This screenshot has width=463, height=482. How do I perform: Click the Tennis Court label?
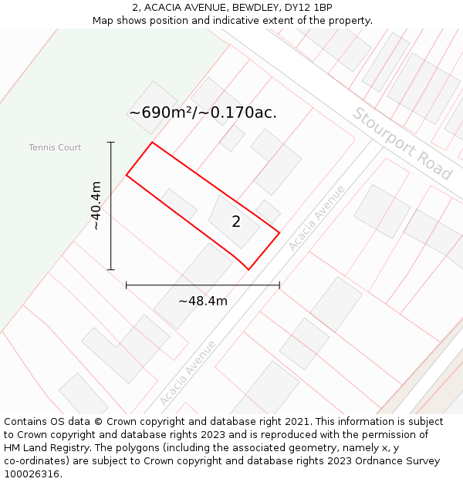55,147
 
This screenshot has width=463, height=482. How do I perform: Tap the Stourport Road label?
402,143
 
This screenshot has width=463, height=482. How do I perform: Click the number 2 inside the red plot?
236,222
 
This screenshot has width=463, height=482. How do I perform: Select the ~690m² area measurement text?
163,113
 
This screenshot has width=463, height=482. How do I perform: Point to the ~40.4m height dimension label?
96,206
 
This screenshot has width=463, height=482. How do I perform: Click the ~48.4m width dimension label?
203,301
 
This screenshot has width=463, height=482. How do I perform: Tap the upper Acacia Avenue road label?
317,217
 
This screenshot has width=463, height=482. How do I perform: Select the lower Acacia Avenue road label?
188,373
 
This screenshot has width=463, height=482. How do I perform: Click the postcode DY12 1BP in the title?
309,8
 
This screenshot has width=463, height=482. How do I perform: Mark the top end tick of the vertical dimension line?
111,143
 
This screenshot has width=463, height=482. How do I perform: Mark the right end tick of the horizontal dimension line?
279,285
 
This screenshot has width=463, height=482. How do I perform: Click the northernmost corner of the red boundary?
152,143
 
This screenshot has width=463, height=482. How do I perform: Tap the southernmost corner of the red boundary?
248,269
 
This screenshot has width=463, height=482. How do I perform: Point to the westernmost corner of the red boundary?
127,176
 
